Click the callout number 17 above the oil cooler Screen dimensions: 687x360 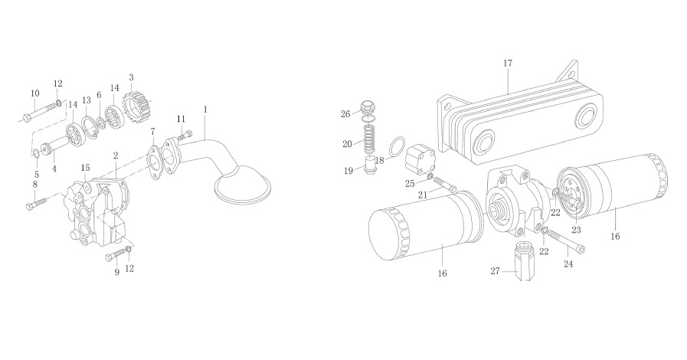[507, 63]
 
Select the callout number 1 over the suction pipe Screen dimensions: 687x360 [205, 109]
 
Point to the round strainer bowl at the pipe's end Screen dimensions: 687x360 [242, 186]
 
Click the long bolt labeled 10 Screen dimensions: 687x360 [41, 111]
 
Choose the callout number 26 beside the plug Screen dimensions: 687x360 [345, 114]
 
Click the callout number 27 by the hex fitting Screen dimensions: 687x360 [495, 271]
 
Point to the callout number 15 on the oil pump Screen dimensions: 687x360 [86, 168]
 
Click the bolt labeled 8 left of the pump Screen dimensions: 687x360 [38, 203]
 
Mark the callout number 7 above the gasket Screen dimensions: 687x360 [152, 132]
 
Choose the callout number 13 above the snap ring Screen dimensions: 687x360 [87, 101]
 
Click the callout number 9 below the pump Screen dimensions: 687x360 [117, 273]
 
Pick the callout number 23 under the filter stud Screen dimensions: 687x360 [576, 231]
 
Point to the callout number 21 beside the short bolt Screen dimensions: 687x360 [422, 195]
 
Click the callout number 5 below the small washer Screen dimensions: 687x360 [36, 175]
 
